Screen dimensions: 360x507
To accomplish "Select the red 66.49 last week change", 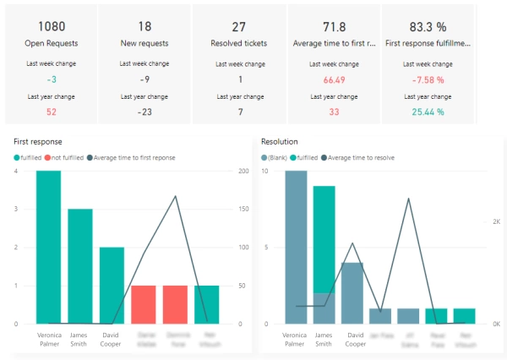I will point(334,79).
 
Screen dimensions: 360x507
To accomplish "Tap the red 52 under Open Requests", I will point(51,111).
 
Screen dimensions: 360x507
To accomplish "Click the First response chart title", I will point(38,141).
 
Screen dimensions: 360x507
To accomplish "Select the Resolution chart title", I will point(279,141).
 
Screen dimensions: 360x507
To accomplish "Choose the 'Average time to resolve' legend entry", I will point(360,157).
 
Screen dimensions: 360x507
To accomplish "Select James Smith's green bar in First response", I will point(80,266).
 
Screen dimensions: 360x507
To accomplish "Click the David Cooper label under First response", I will point(112,339).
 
